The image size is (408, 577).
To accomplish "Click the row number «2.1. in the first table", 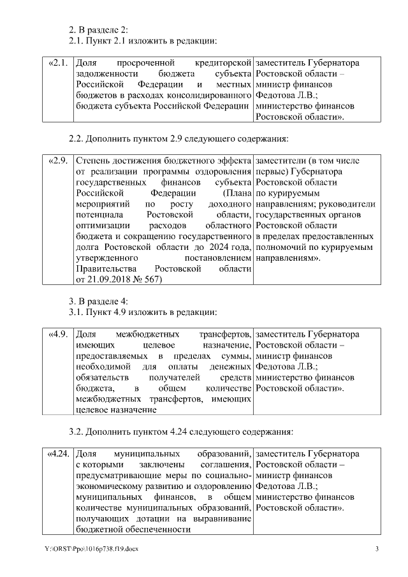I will pyautogui.click(x=57, y=64).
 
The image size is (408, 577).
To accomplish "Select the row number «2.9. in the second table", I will pyautogui.click(x=57, y=159).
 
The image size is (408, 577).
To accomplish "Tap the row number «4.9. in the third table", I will pyautogui.click(x=57, y=334).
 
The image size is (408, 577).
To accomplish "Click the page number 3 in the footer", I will pyautogui.click(x=377, y=550).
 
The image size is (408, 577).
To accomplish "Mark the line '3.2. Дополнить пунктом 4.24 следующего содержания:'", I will pyautogui.click(x=180, y=432).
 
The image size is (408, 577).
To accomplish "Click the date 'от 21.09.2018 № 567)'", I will pyautogui.click(x=119, y=279).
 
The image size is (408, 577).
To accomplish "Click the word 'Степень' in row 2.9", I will pyautogui.click(x=92, y=159).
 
